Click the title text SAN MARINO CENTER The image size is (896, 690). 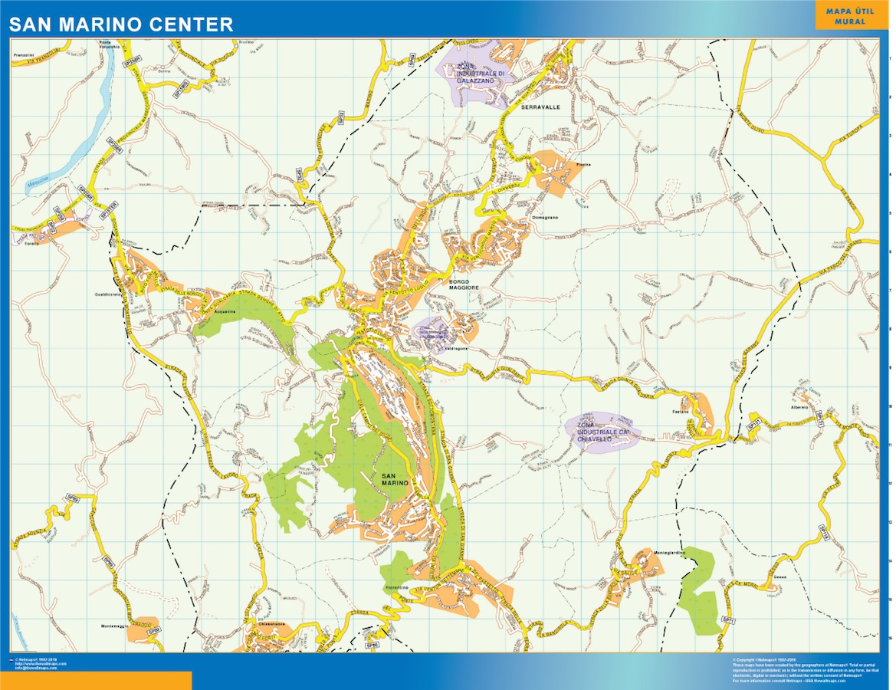(121, 25)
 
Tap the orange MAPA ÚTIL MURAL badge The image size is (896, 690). (845, 16)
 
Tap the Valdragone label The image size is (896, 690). (456, 349)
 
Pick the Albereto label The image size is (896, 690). (799, 407)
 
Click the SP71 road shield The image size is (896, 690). (728, 618)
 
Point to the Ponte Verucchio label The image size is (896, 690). (110, 45)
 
